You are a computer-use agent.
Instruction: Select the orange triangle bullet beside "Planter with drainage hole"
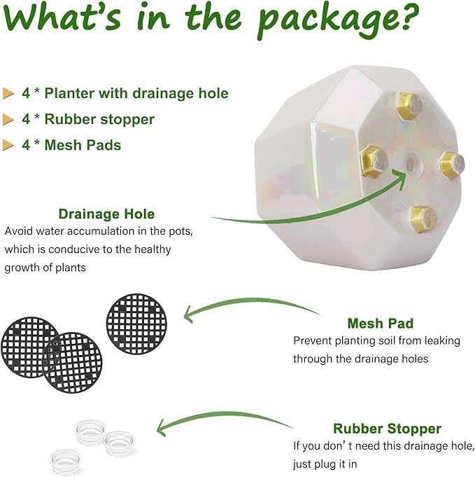pos(8,93)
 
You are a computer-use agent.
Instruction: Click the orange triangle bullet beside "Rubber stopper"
pos(8,119)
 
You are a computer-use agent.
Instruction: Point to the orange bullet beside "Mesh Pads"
pos(8,145)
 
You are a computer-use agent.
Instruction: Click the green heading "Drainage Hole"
pos(106,214)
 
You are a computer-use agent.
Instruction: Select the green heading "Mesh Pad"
pos(380,323)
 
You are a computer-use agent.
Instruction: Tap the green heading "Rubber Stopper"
pos(387,429)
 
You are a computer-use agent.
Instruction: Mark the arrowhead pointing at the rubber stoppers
pos(162,428)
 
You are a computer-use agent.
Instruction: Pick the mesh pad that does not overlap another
pos(136,324)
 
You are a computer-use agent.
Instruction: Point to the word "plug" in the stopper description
pos(325,464)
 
